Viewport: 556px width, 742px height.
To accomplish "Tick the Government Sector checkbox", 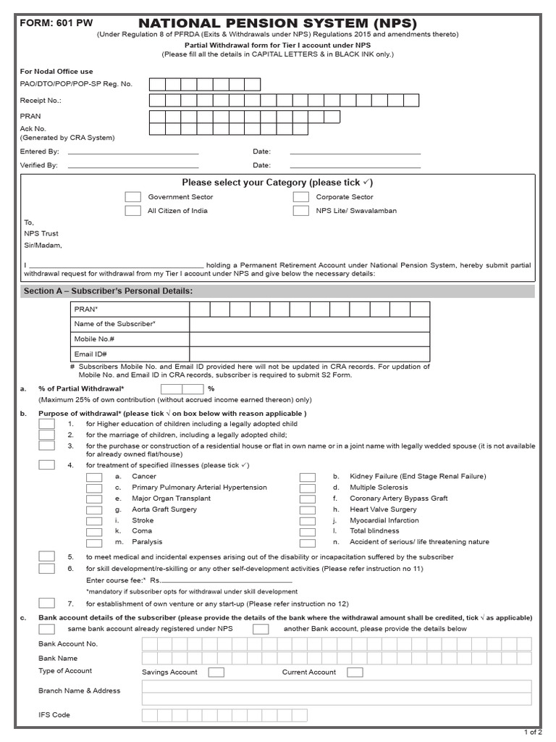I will pos(132,197).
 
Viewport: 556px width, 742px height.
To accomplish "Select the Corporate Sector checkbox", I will pos(301,197).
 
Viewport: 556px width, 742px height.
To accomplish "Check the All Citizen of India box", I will pos(132,211).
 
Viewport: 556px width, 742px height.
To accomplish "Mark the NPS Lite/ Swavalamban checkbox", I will pos(301,211).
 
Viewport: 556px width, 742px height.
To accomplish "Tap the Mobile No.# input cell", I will pos(309,339).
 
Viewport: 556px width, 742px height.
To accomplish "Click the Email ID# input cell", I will pos(309,354).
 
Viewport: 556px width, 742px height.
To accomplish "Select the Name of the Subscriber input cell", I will pos(309,324).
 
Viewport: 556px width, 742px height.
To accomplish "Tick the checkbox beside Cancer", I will pos(93,477).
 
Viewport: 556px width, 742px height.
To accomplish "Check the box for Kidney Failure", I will pos(307,477).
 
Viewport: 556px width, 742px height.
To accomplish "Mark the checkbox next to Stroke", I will pos(93,520).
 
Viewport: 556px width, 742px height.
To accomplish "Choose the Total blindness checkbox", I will pos(307,531).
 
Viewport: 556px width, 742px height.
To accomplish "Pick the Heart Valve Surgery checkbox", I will pos(307,509).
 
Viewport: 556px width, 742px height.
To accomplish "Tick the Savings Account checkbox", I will pos(216,672).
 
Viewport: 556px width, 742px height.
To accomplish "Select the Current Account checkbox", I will pos(355,672).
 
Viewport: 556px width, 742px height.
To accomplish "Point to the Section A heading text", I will pos(108,291).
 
